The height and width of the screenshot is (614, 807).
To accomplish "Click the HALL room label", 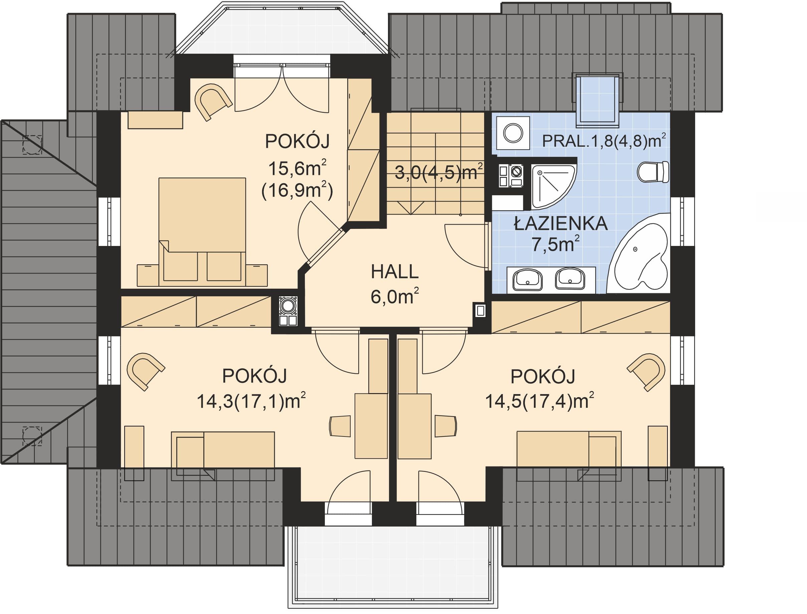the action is [x=395, y=272].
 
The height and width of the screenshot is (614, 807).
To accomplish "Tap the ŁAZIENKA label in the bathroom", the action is [x=561, y=224].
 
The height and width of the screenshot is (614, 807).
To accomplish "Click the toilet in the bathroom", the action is [x=653, y=172].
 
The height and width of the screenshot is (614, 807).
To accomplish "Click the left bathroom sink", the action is [x=528, y=280].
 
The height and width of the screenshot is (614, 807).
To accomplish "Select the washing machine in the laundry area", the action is [x=513, y=133].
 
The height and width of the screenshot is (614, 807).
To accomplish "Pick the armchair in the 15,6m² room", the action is [x=213, y=101].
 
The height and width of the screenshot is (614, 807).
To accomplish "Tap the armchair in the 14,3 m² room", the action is [x=145, y=371].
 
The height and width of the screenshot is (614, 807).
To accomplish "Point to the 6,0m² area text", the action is [x=395, y=296].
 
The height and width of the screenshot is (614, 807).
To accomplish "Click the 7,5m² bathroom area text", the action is [x=556, y=244].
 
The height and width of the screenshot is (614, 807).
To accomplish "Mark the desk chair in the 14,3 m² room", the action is [x=340, y=426].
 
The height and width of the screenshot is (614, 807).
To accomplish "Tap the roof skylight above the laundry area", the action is [x=597, y=99].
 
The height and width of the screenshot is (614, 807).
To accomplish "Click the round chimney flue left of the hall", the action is [x=288, y=305].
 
